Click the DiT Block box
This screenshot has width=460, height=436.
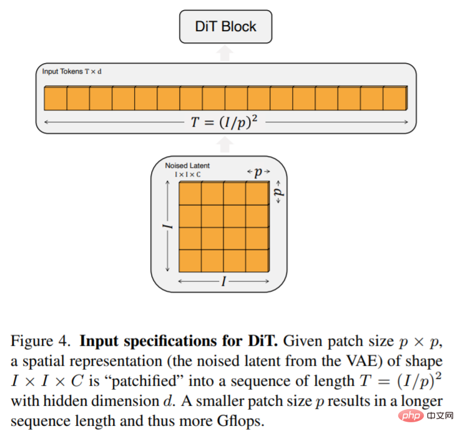point(225,27)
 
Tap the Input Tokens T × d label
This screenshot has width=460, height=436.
point(72,71)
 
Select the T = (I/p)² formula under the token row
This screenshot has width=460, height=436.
point(225,122)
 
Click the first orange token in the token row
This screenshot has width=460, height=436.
point(56,98)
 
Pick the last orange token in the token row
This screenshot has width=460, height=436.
point(395,98)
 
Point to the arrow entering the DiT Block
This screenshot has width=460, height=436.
point(225,53)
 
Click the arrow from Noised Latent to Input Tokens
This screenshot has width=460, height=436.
point(225,145)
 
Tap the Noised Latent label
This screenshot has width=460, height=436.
point(187,166)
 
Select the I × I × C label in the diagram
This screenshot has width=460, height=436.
point(188,175)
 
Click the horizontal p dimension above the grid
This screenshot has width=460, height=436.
point(258,172)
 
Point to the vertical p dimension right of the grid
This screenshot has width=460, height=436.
point(278,192)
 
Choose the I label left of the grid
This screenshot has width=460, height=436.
point(167,226)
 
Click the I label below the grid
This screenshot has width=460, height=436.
point(223,281)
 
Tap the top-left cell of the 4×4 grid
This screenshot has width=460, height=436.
point(190,193)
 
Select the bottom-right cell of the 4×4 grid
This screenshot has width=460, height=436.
point(257,261)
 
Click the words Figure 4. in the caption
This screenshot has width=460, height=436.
point(41,341)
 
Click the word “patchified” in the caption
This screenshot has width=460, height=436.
point(144,381)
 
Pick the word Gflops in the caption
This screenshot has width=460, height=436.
point(239,421)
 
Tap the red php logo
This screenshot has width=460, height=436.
point(411,415)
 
